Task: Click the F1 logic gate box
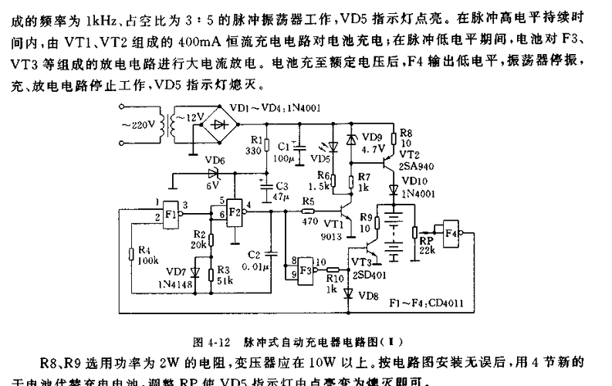(171, 212)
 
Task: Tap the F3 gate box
(306, 269)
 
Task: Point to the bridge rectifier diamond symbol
(224, 124)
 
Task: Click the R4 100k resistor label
(147, 256)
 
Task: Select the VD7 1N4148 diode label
(176, 277)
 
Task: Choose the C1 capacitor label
(283, 144)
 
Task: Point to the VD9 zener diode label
(370, 139)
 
